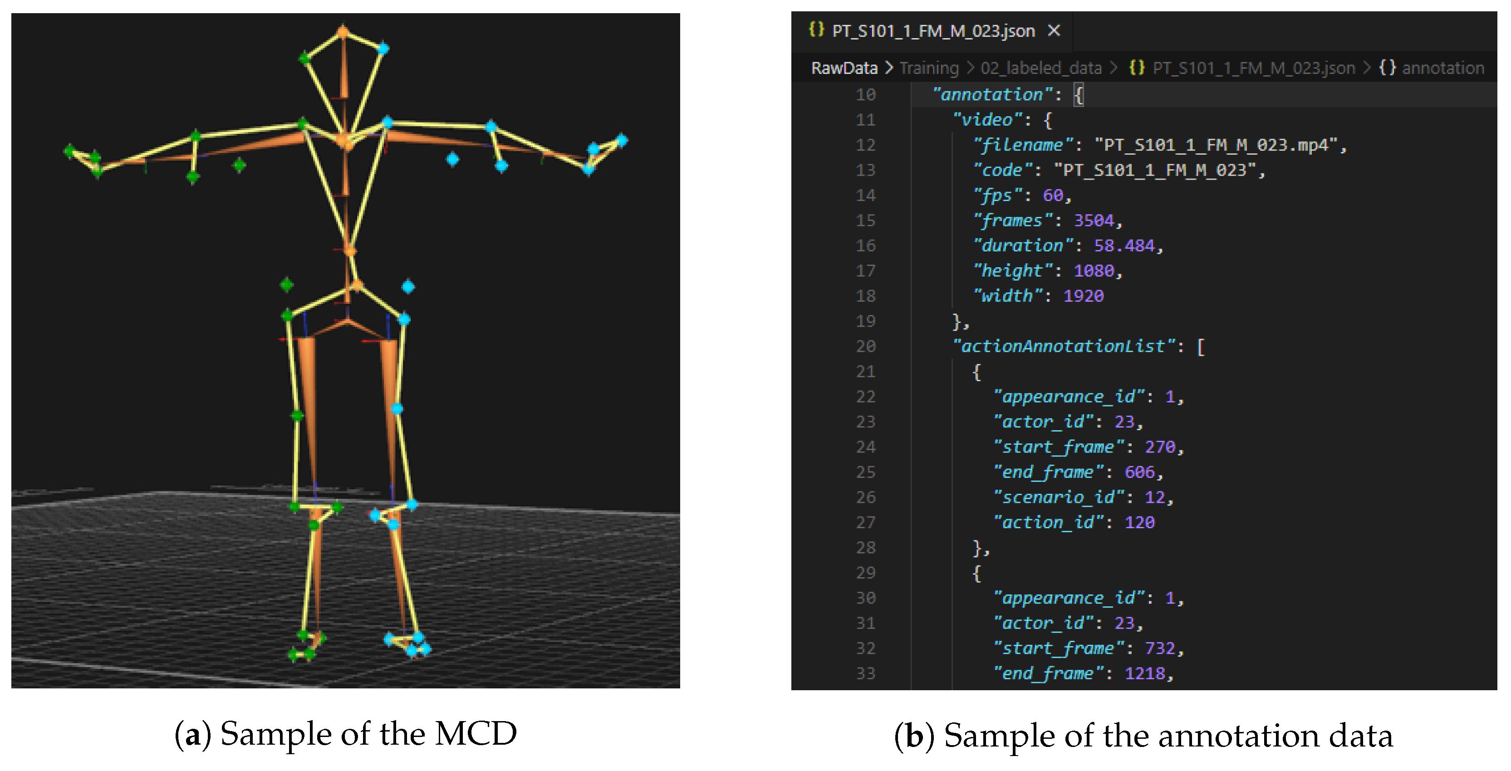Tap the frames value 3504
click(1094, 220)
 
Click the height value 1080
click(1094, 270)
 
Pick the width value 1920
click(1084, 296)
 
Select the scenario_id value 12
click(1154, 497)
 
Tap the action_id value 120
click(1139, 522)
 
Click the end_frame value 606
click(1139, 472)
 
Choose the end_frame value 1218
click(1144, 673)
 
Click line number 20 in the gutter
click(865, 346)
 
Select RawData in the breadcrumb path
click(844, 68)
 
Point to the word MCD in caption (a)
click(476, 733)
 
